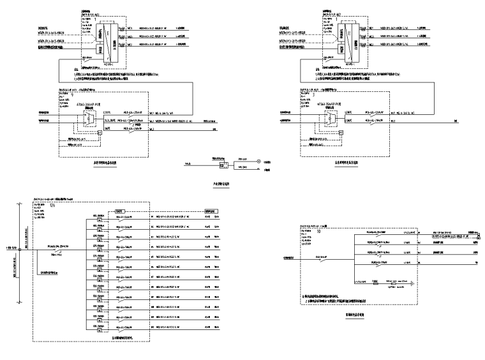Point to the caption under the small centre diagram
(x=221, y=184)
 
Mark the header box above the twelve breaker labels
(x=119, y=211)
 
